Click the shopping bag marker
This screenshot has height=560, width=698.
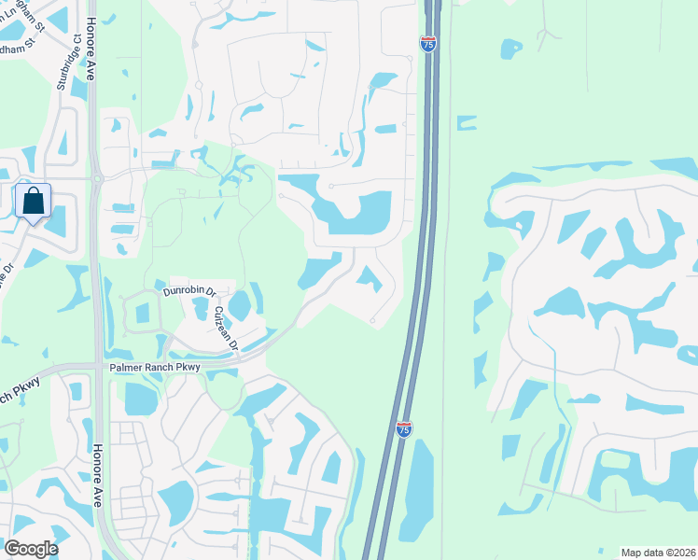[33, 202]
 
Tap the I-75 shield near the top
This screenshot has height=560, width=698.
[427, 45]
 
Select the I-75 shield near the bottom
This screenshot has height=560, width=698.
[403, 429]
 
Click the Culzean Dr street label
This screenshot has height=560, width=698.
[227, 329]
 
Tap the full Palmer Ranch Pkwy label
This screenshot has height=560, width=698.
[155, 367]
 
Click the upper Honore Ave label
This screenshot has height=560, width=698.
[91, 49]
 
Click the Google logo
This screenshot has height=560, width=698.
[31, 548]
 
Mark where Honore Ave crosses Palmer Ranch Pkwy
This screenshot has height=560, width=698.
[99, 367]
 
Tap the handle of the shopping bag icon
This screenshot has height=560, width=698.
[33, 192]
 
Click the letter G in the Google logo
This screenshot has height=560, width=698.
[12, 548]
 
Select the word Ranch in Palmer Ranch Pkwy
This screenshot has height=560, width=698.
[157, 367]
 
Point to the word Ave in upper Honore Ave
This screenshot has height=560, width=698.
[91, 69]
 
